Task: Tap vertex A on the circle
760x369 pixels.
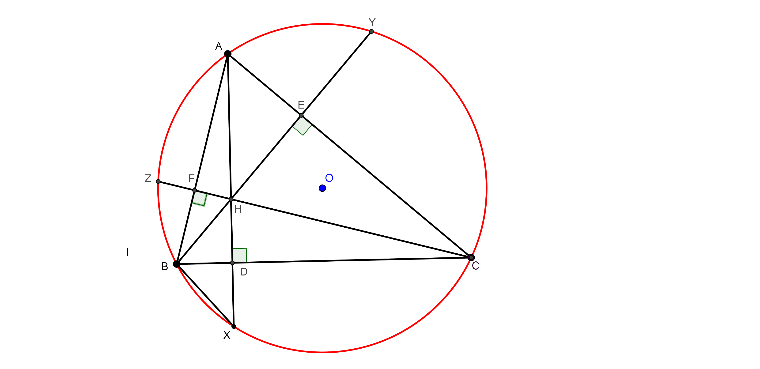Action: [228, 54]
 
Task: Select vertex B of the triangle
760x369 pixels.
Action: [176, 264]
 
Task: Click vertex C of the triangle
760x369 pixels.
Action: [471, 257]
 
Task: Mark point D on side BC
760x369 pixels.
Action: [232, 263]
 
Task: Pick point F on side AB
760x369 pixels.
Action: [194, 191]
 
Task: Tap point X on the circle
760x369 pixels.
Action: [234, 327]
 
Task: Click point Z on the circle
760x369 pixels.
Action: [158, 181]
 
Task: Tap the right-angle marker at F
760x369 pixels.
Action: [200, 199]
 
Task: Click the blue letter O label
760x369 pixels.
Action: [329, 178]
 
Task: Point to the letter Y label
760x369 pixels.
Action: [372, 22]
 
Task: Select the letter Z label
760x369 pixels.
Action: [148, 178]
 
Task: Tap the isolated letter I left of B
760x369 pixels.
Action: [127, 252]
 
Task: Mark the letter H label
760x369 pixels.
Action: [238, 210]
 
